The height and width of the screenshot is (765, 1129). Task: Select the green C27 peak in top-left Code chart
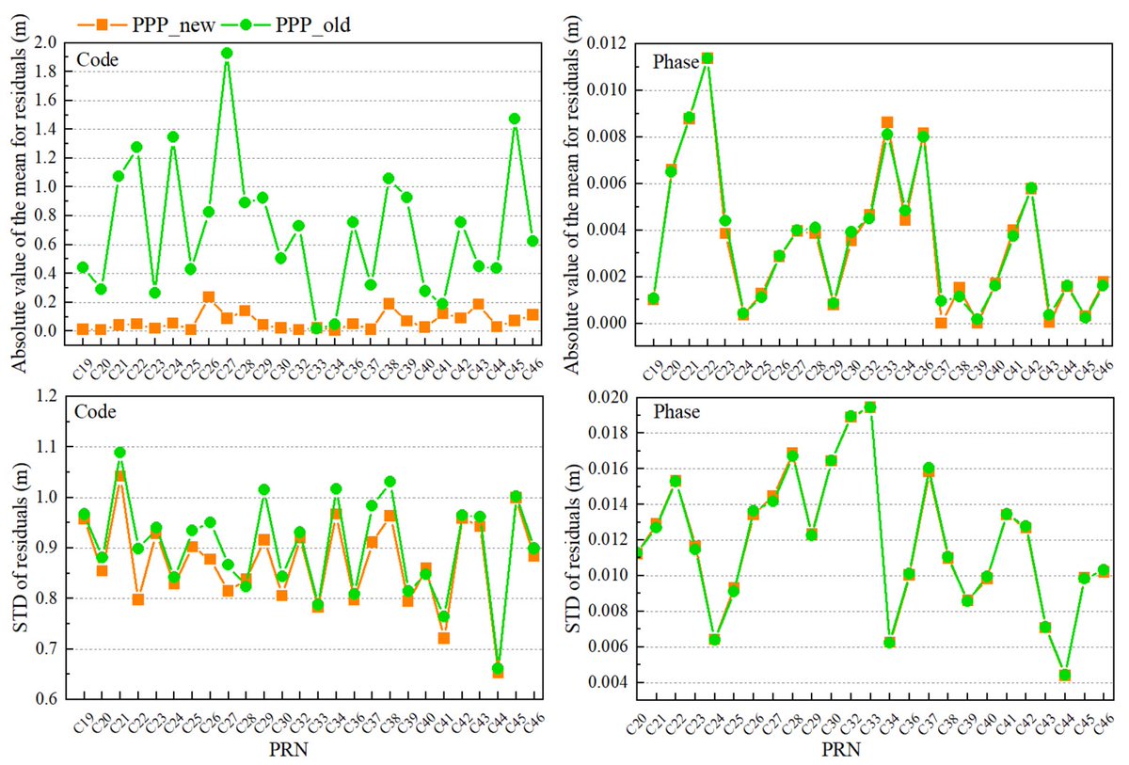pos(227,53)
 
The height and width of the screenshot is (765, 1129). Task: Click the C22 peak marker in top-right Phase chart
pos(708,58)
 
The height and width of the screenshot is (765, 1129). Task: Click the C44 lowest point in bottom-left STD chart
pos(497,670)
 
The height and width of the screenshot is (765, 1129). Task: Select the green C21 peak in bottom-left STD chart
pos(119,453)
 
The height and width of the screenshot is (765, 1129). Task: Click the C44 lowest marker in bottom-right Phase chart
pos(1064,675)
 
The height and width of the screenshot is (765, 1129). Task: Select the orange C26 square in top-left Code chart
pos(208,297)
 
